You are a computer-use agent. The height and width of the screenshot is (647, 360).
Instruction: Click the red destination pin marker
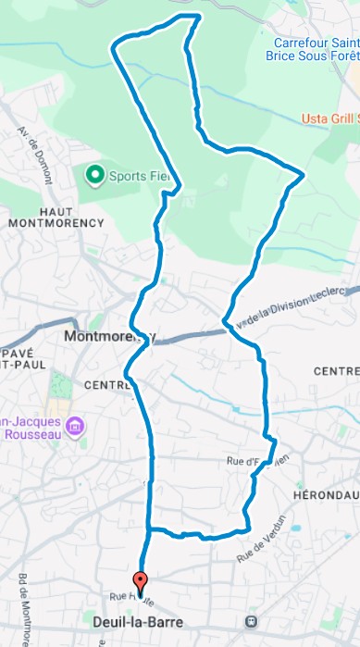tap(141, 584)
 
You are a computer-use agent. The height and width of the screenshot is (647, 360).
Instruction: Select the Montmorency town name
tap(109, 336)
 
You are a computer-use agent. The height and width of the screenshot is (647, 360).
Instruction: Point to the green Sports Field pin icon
tap(93, 174)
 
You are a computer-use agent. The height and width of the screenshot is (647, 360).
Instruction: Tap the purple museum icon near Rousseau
tap(77, 427)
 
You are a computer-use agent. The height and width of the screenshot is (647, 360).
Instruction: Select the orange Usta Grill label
tap(330, 118)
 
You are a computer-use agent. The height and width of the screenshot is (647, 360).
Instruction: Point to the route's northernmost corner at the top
tap(199, 17)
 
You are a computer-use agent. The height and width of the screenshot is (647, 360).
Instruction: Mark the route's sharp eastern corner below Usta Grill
tap(303, 173)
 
